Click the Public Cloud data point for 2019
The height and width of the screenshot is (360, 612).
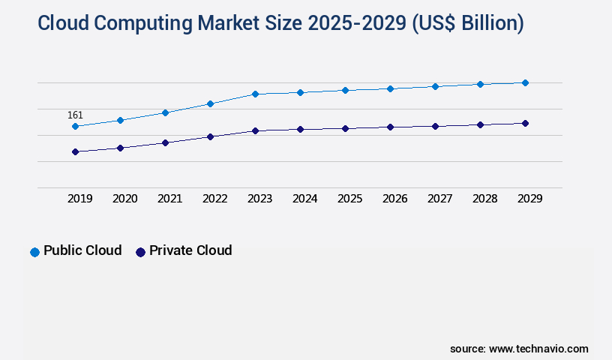[x=75, y=126]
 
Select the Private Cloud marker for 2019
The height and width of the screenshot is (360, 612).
[x=75, y=151]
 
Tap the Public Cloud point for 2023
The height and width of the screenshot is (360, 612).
[x=255, y=94]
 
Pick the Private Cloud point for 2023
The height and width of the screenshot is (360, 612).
[x=255, y=130]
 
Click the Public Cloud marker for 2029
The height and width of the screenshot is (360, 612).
[x=525, y=82]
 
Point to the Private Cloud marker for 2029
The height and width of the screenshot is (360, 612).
[x=525, y=123]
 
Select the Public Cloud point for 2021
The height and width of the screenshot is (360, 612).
[x=165, y=112]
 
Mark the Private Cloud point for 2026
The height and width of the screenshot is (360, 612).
[x=390, y=127]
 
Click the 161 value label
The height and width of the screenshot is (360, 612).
[x=75, y=115]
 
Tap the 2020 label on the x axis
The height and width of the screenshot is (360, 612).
[x=124, y=199]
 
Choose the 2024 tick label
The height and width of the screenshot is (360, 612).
[x=304, y=199]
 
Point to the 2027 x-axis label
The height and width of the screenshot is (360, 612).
[x=439, y=199]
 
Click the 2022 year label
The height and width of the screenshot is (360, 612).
[x=214, y=199]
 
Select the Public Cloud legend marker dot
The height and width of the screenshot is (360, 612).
[x=34, y=252]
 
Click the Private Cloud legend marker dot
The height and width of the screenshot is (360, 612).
[x=140, y=252]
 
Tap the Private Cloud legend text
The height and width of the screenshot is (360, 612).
[x=190, y=250]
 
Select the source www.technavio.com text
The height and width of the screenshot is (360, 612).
[x=519, y=349]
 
